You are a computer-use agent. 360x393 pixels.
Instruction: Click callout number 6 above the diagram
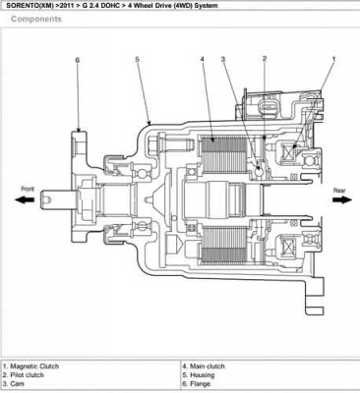coord(77,61)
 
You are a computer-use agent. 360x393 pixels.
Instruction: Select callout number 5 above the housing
coord(138,61)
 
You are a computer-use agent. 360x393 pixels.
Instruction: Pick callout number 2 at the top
coord(265,61)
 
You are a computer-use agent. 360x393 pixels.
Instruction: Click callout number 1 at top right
coord(333,61)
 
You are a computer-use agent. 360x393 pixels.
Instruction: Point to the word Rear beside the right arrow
coord(339,188)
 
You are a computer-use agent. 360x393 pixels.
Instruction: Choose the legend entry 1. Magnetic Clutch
coord(36,366)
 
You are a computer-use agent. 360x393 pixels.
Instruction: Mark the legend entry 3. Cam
coord(20,383)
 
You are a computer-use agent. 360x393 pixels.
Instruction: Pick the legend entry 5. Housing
coord(201,374)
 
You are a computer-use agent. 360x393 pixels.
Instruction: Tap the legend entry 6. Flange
coord(200,383)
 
